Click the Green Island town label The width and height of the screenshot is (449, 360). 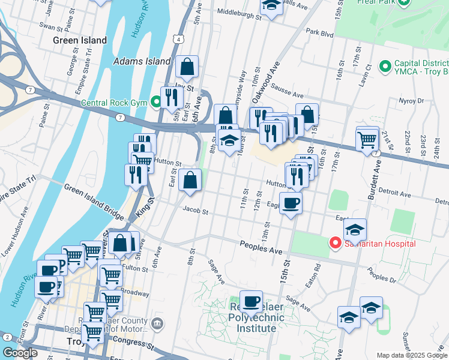tap(80, 41)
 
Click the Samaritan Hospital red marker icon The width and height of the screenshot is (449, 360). tap(334, 243)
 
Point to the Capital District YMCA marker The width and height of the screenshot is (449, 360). tap(385, 65)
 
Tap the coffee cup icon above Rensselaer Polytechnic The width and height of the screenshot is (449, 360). tap(251, 301)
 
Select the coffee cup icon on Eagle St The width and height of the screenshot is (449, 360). tap(291, 203)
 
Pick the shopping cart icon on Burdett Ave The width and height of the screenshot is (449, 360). tap(367, 140)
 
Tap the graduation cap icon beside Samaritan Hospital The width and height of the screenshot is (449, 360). tap(355, 230)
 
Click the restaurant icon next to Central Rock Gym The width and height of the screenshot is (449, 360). tap(172, 97)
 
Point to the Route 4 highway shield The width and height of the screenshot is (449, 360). tap(179, 39)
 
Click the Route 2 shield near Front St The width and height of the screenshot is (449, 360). tap(7, 337)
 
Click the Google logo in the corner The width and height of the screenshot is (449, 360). tap(20, 353)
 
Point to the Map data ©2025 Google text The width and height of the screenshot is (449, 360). tap(412, 355)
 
